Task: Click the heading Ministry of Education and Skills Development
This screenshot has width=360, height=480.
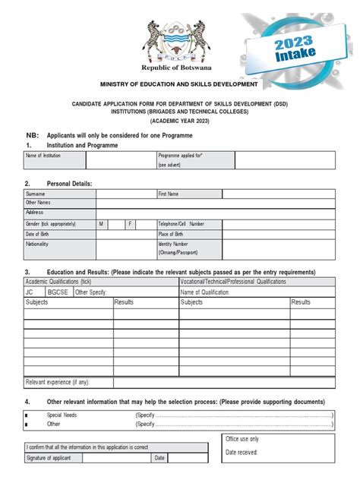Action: tap(179, 84)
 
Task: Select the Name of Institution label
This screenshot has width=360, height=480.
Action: tap(43, 155)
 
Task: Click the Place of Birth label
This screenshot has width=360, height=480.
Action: tap(172, 234)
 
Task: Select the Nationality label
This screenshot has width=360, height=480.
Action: tap(37, 245)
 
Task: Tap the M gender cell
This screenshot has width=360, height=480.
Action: tap(101, 224)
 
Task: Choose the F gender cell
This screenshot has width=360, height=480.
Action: tap(130, 224)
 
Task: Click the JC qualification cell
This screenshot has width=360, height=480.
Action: tap(30, 292)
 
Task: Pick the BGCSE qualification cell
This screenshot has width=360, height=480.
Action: tap(58, 292)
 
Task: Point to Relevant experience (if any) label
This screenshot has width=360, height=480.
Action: tap(58, 382)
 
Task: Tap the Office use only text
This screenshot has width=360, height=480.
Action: tap(242, 439)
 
